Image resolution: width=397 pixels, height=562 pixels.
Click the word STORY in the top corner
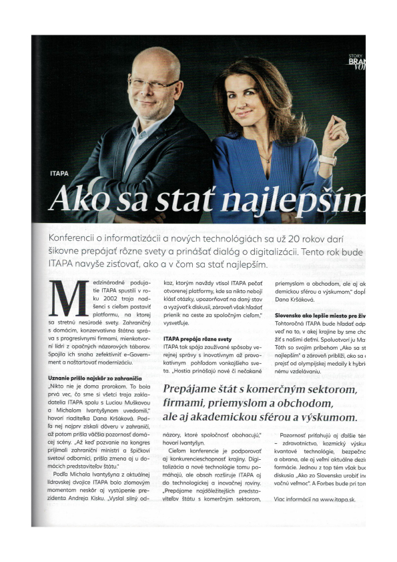355,55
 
